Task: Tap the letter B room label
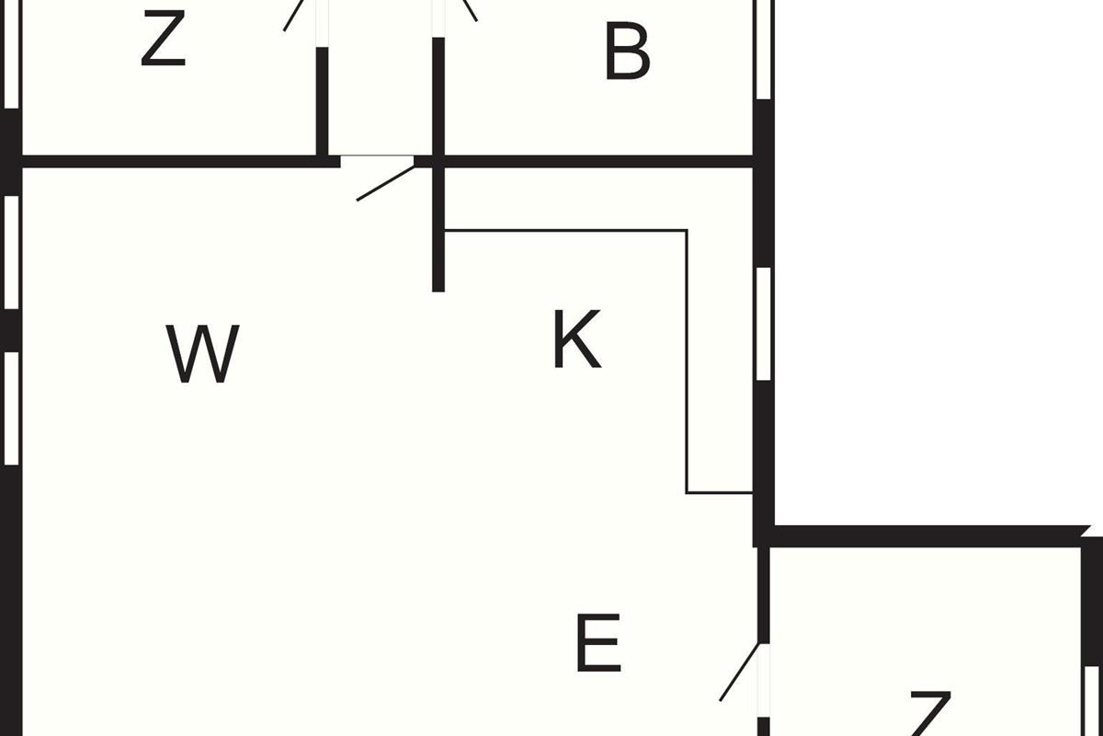click(x=627, y=52)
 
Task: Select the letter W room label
click(x=203, y=354)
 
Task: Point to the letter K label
click(x=577, y=339)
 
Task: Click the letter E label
click(x=598, y=644)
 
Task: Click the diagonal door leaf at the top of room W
click(x=385, y=181)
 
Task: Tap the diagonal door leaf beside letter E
click(x=740, y=673)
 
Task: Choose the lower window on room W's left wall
click(x=11, y=408)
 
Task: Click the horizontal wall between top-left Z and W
click(x=175, y=162)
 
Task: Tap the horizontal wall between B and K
click(x=597, y=162)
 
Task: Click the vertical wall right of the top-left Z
click(x=323, y=101)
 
